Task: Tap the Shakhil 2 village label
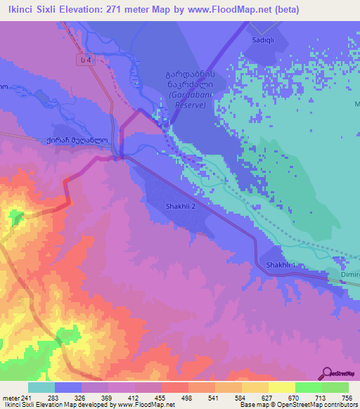tap(180, 207)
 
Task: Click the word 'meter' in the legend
tap(9, 397)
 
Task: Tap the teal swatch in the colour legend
tap(41, 387)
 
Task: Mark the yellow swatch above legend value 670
tap(281, 387)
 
